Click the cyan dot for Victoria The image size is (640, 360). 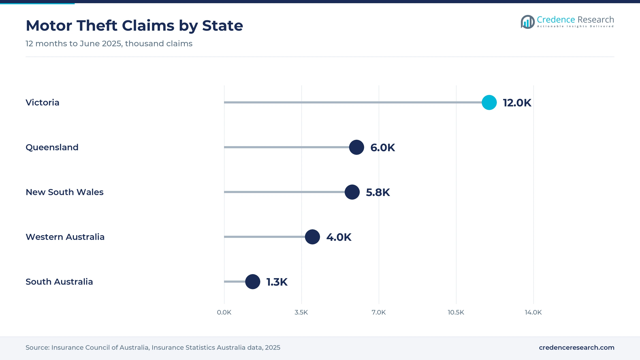pos(489,102)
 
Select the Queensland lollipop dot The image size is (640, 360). pos(357,147)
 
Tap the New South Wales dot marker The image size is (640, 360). pos(352,192)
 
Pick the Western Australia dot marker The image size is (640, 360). pos(312,237)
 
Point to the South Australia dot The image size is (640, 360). pos(253,282)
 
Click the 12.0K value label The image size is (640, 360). pos(517,103)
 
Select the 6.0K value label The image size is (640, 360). pos(383,148)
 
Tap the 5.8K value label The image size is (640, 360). pos(378,193)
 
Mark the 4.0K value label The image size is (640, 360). pos(339,237)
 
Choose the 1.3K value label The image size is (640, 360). pos(277,282)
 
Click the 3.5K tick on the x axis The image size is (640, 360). pos(301,312)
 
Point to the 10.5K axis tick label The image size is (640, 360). pos(456,312)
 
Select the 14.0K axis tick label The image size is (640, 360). pos(533,312)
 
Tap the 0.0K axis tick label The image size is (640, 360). pos(224,312)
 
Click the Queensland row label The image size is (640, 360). pos(52,147)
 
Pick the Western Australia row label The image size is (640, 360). pos(65,237)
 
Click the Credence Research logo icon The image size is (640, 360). pos(528,22)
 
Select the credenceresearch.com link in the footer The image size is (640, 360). pos(577,347)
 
